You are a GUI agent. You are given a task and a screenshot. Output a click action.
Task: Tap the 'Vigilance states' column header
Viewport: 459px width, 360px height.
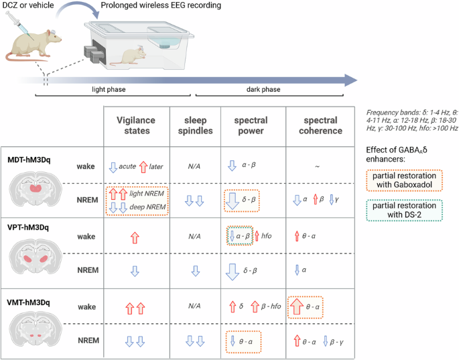pyautogui.click(x=136, y=125)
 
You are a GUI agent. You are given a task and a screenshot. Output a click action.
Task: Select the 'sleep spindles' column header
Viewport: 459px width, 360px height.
pyautogui.click(x=195, y=125)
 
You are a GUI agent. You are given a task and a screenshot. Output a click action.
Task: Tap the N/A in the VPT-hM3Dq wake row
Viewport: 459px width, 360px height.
pyautogui.click(x=195, y=235)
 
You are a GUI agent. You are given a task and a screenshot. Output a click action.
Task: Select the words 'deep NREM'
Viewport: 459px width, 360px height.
pyautogui.click(x=147, y=207)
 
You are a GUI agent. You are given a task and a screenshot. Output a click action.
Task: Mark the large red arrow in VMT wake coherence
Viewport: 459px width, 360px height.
pyautogui.click(x=297, y=306)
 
